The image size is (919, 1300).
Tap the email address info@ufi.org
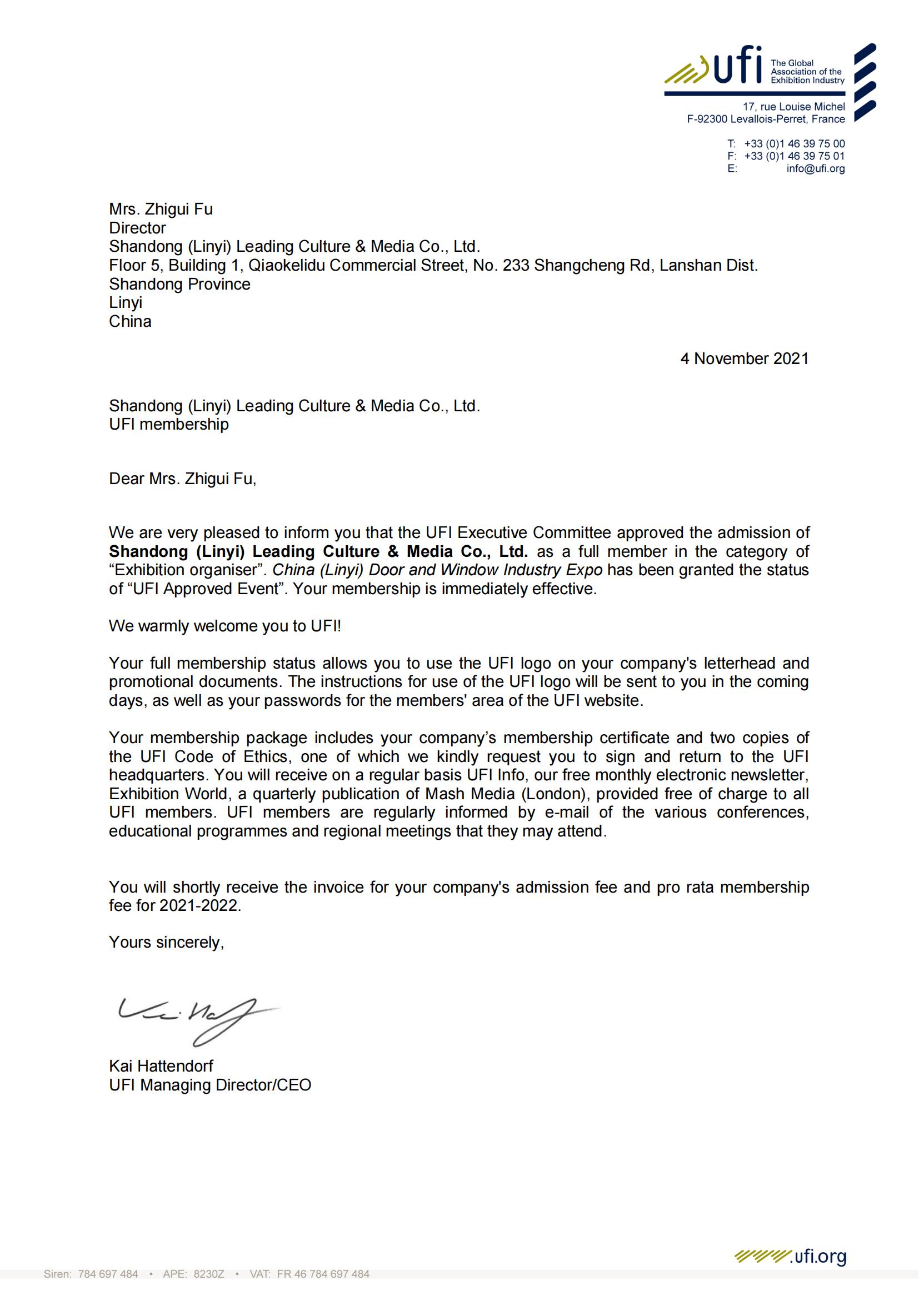(x=815, y=169)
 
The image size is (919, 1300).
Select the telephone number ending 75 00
(x=794, y=144)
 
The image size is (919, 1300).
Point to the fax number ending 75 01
(x=794, y=156)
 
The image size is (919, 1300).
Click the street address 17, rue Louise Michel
(x=793, y=107)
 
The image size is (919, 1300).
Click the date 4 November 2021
(x=744, y=358)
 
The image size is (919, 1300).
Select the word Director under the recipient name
(x=137, y=228)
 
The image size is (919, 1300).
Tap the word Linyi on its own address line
(x=126, y=302)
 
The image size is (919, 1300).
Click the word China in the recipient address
(x=130, y=321)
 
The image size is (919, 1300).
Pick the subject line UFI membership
(x=169, y=424)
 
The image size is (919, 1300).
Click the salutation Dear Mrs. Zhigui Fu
(x=182, y=479)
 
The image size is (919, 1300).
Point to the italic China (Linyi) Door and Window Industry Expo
(x=437, y=570)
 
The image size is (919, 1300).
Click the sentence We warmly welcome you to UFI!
(x=224, y=626)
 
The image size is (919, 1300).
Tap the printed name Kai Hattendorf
(x=161, y=1065)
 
